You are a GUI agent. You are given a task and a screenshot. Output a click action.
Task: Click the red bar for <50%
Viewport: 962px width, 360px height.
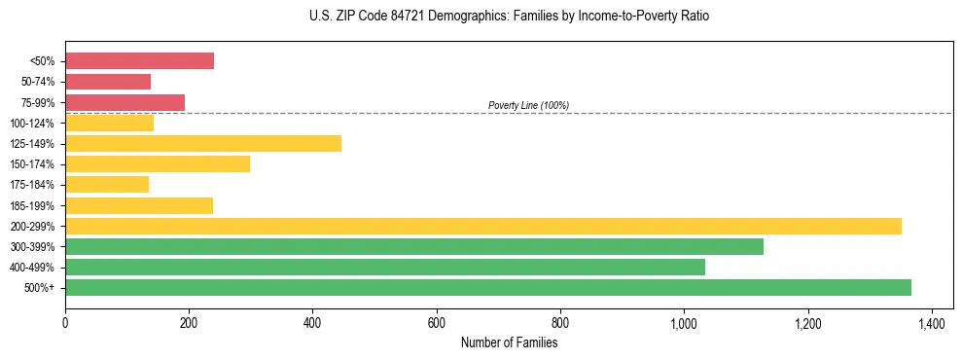click(x=139, y=61)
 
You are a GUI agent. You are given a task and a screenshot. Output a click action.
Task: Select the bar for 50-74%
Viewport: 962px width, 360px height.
click(x=108, y=82)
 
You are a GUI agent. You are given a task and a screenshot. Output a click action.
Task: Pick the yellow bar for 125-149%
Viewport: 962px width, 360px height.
click(x=203, y=144)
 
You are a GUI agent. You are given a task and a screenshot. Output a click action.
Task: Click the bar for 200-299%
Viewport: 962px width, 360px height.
click(x=483, y=226)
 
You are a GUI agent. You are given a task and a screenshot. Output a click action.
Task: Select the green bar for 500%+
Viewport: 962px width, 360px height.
click(x=488, y=287)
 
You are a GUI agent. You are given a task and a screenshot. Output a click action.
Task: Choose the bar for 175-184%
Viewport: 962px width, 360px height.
click(x=107, y=185)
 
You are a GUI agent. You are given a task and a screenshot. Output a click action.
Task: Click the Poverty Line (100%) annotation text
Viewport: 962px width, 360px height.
click(x=528, y=105)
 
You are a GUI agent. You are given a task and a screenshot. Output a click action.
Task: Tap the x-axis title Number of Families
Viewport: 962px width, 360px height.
click(x=509, y=342)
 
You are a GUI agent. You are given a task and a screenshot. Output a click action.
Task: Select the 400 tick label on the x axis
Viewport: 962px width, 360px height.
click(x=312, y=322)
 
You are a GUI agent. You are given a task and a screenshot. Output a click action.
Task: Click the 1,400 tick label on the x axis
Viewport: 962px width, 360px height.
click(x=932, y=322)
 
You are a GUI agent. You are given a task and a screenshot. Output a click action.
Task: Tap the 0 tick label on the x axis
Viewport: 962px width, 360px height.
click(x=65, y=322)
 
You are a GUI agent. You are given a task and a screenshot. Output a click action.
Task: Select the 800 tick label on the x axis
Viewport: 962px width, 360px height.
click(x=560, y=322)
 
